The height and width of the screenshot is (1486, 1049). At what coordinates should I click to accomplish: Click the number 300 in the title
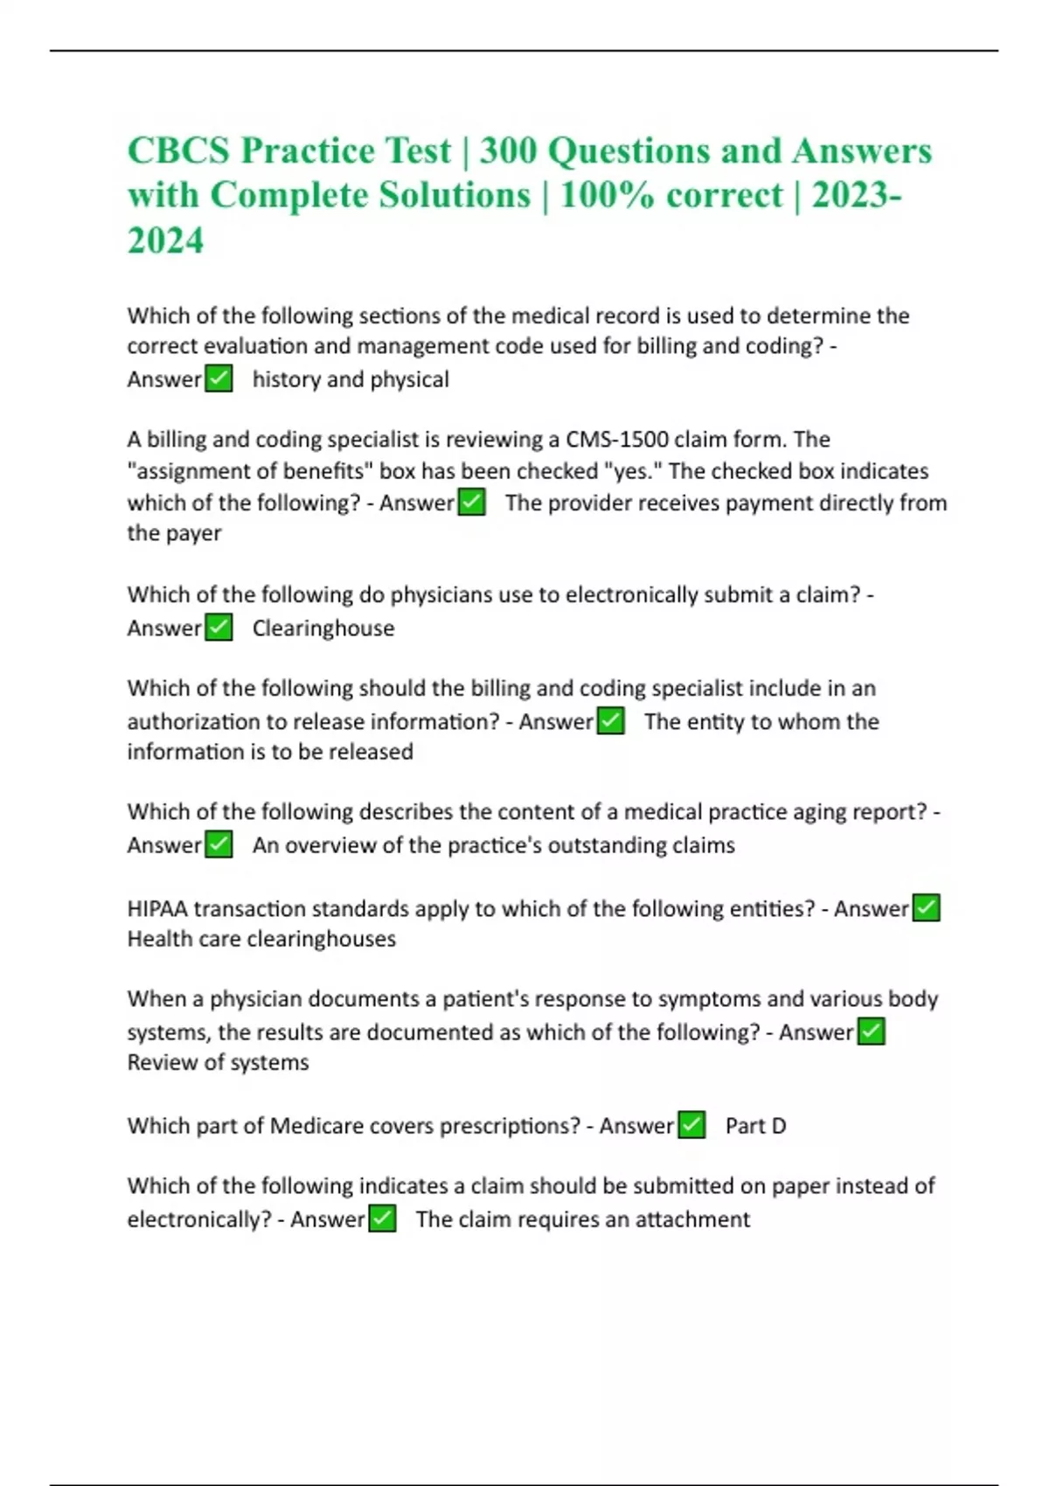508,151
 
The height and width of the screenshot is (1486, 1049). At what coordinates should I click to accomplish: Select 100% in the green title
606,195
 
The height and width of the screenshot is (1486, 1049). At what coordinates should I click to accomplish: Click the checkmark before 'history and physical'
219,379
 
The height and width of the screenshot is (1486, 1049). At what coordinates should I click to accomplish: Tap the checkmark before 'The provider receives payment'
472,503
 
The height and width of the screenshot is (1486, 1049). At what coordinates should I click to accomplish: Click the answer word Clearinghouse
323,628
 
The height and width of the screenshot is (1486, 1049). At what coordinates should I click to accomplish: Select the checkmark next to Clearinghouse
219,628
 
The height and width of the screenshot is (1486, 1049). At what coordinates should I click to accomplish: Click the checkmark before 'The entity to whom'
610,721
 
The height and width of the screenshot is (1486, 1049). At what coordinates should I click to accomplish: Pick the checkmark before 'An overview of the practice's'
219,845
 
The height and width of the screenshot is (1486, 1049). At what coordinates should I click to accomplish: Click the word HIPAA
157,909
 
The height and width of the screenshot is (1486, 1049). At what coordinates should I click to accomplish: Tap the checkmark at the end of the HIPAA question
926,908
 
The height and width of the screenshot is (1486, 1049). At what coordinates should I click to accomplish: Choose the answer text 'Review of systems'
218,1063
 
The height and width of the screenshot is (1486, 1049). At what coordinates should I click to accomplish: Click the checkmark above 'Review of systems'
872,1032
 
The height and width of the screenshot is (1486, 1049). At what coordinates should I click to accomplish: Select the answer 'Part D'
755,1126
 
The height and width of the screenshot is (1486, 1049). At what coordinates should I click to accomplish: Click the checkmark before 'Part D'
691,1125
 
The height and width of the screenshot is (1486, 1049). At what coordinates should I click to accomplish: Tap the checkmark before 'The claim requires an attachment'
382,1219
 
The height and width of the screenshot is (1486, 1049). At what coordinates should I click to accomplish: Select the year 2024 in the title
165,240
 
